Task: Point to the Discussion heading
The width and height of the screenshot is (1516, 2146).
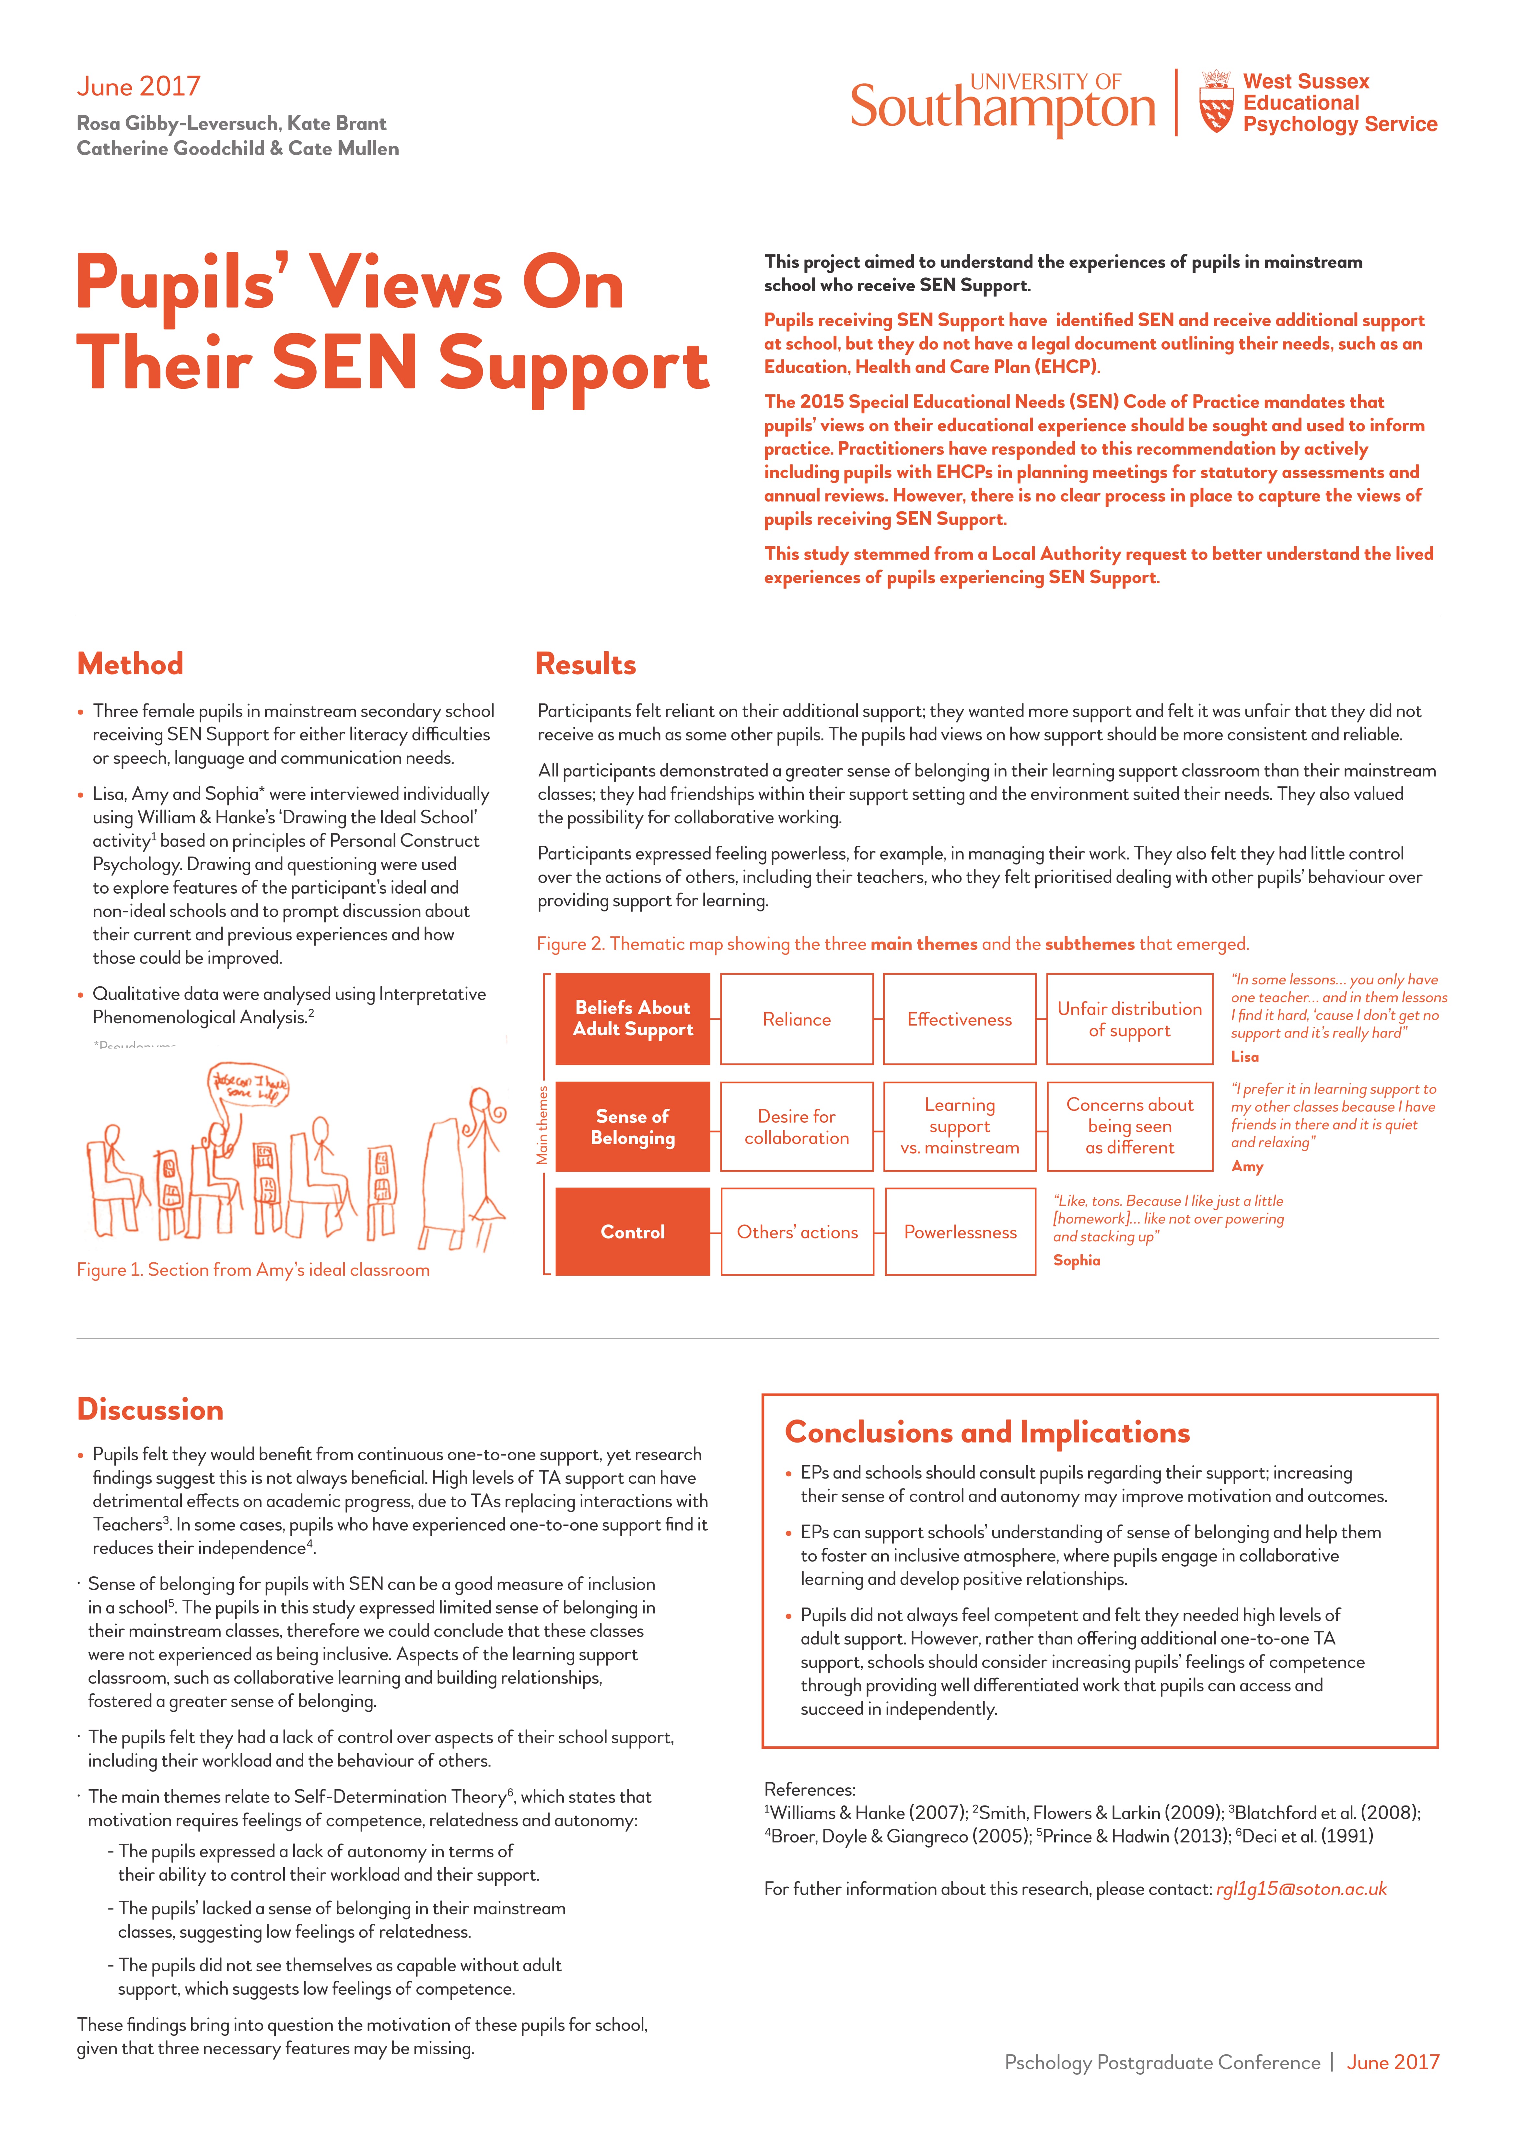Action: pos(149,1409)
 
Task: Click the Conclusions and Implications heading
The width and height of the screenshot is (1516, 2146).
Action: pos(987,1432)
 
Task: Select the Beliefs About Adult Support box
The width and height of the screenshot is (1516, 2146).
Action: pos(633,1019)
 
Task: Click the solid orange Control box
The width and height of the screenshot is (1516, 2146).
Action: pos(633,1232)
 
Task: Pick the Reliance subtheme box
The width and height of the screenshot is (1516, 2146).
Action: pos(796,1019)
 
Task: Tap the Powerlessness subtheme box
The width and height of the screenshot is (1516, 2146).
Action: pos(960,1232)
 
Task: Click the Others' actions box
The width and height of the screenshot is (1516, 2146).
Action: pos(796,1232)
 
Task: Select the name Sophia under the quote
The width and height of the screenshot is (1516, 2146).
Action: pos(1077,1260)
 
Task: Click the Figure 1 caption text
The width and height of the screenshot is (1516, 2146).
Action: pos(253,1269)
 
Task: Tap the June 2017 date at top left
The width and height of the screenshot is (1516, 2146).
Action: pos(138,87)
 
